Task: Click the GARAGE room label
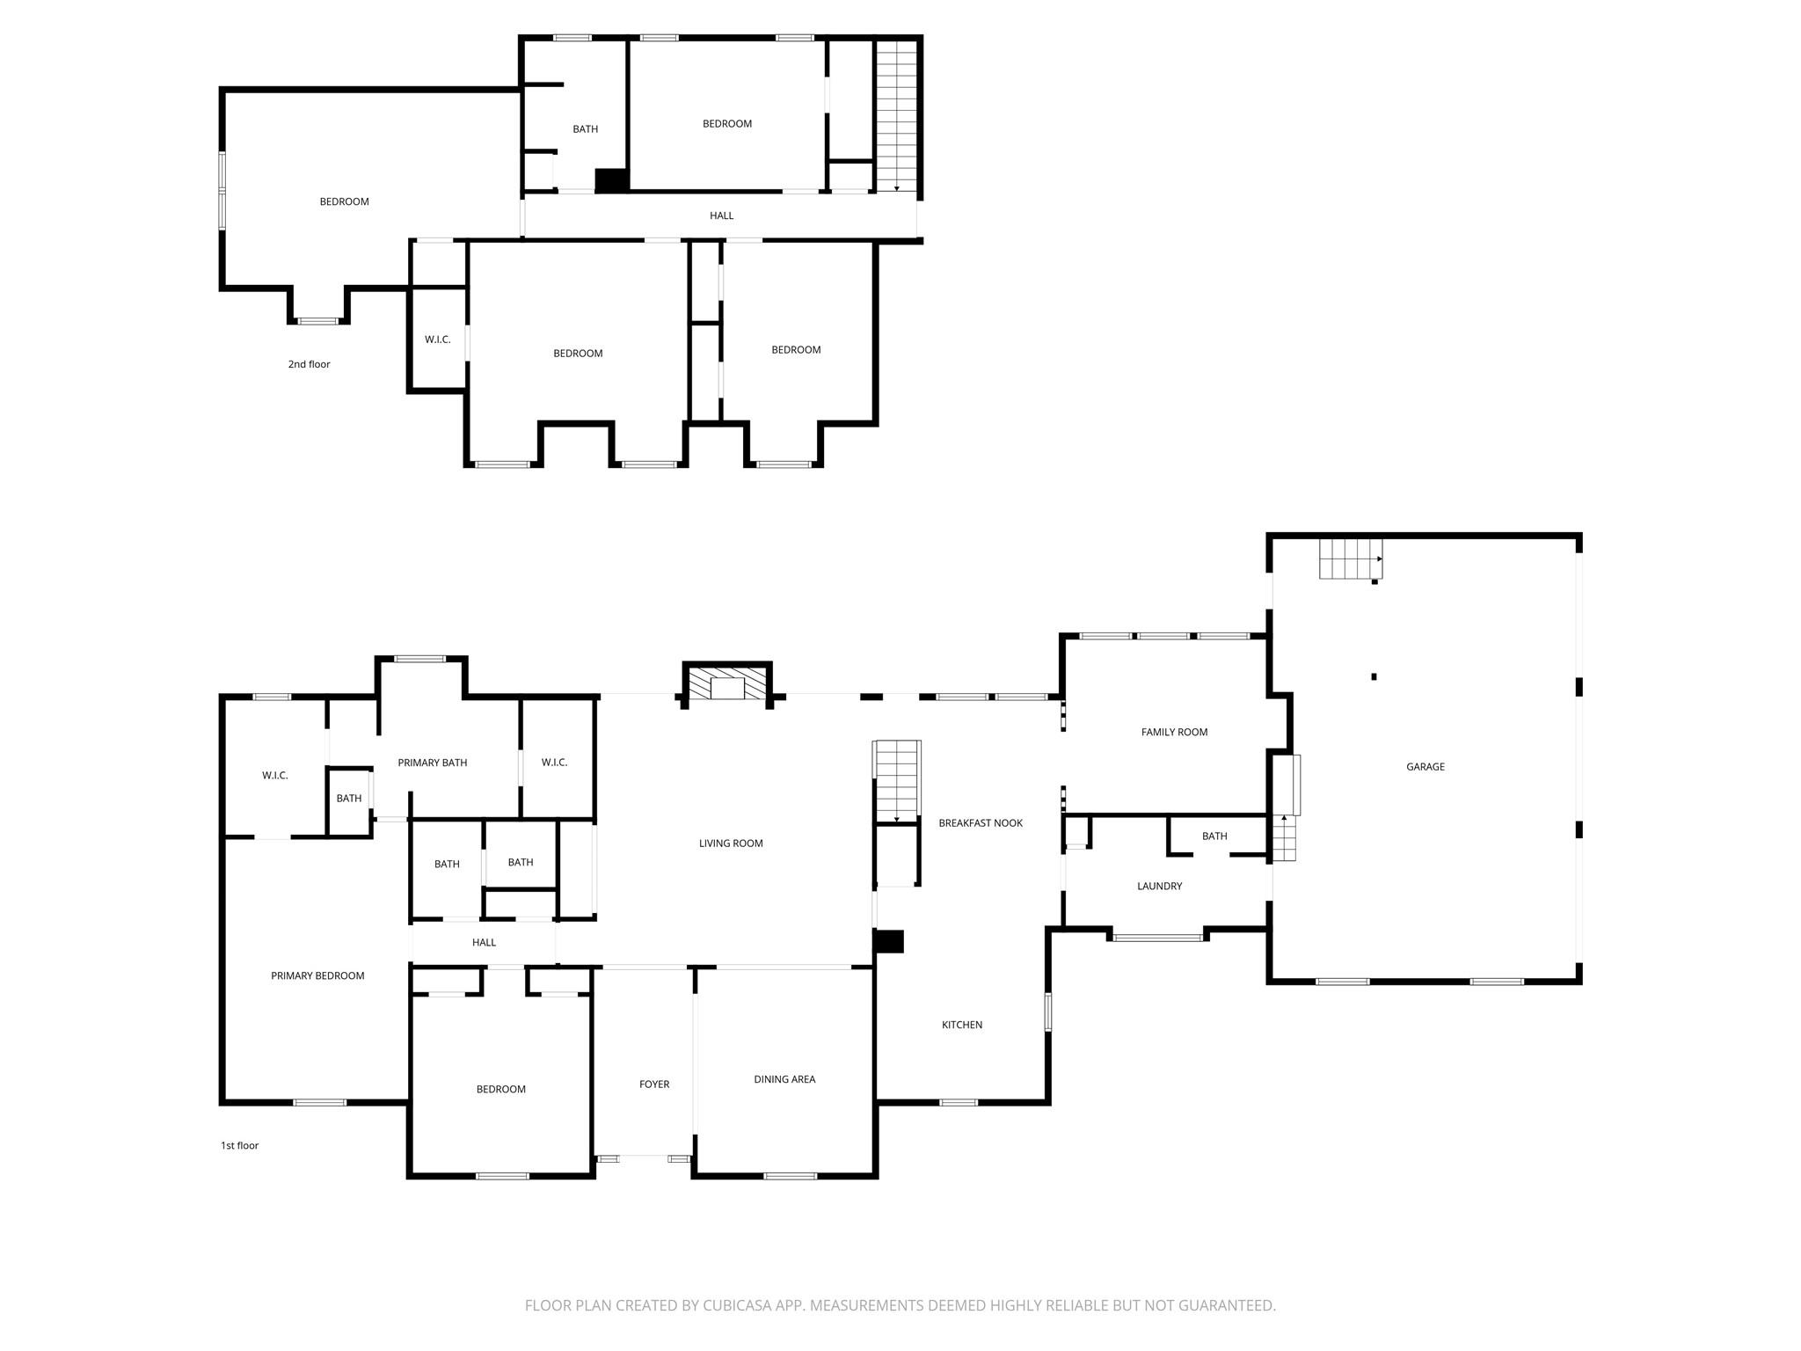pyautogui.click(x=1425, y=767)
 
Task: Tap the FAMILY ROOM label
pyautogui.click(x=1174, y=732)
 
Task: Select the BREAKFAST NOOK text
pyautogui.click(x=981, y=823)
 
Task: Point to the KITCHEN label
pyautogui.click(x=962, y=1025)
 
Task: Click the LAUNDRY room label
pyautogui.click(x=1159, y=886)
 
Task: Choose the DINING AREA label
pyautogui.click(x=784, y=1079)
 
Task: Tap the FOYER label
pyautogui.click(x=654, y=1084)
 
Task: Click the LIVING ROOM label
pyautogui.click(x=731, y=843)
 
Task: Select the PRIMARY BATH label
pyautogui.click(x=432, y=763)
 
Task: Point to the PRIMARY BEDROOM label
pyautogui.click(x=317, y=975)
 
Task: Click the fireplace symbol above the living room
pyautogui.click(x=727, y=683)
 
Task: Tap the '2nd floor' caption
pyautogui.click(x=309, y=364)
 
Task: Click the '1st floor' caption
pyautogui.click(x=239, y=1145)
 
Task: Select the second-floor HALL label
pyautogui.click(x=721, y=215)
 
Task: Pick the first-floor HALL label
pyautogui.click(x=484, y=943)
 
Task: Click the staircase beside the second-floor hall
pyautogui.click(x=896, y=116)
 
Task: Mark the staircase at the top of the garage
pyautogui.click(x=1351, y=559)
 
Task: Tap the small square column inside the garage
pyautogui.click(x=1374, y=676)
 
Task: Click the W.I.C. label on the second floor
pyautogui.click(x=437, y=340)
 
